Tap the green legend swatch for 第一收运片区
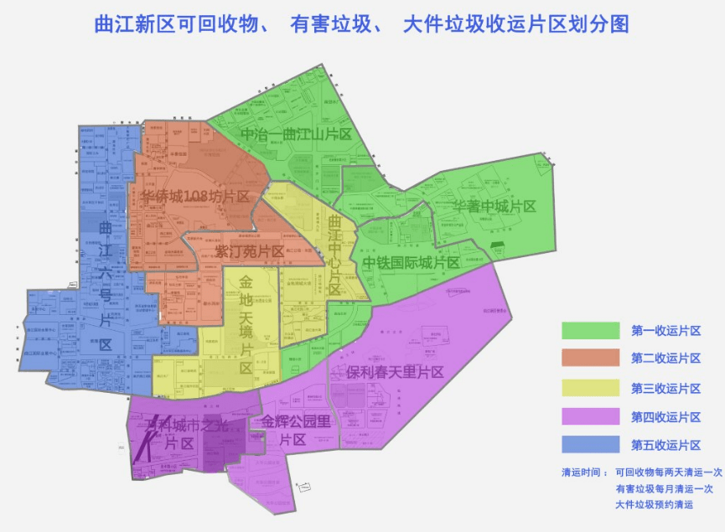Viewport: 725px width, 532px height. coord(589,331)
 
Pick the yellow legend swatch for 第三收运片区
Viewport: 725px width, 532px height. coord(589,388)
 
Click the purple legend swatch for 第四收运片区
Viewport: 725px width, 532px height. coord(589,416)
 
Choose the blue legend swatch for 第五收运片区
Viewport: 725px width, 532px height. coord(589,445)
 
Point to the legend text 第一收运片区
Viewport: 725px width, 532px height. coord(665,331)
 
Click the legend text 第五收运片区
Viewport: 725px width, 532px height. coord(665,445)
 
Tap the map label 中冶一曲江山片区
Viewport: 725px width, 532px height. coord(295,135)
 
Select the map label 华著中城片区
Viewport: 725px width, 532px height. coord(495,206)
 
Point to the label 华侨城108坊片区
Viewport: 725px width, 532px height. coord(194,198)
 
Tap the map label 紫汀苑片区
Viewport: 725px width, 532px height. coord(249,251)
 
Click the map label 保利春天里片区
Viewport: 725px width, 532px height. coord(395,372)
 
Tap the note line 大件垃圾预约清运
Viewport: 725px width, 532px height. coord(654,504)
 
